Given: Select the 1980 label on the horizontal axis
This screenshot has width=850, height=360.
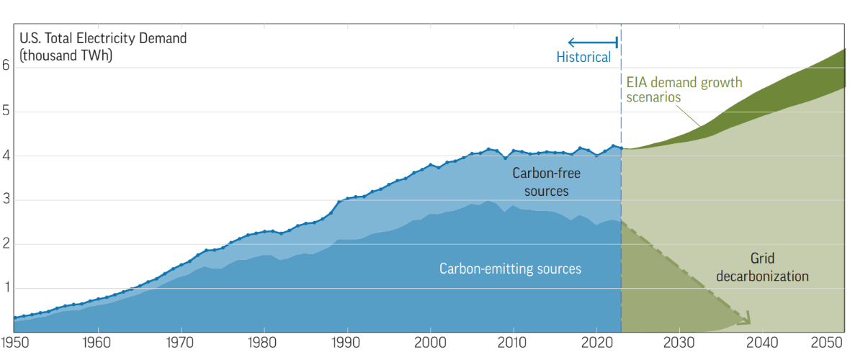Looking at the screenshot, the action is point(264,343).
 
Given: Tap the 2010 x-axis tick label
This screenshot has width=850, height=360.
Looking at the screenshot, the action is point(514,343).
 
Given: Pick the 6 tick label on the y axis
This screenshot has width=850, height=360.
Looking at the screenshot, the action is point(6,65).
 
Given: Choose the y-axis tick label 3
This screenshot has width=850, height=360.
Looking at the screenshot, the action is point(6,200).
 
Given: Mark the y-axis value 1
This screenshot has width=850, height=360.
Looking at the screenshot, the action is point(6,289).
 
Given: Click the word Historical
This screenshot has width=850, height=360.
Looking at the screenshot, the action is point(583,57).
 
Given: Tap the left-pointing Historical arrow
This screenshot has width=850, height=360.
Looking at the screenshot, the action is point(593,42).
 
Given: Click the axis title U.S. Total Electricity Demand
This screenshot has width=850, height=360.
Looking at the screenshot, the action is point(104,39).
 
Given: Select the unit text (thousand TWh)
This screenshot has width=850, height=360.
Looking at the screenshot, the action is point(66,55).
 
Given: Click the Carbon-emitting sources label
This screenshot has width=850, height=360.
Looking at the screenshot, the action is point(510,269).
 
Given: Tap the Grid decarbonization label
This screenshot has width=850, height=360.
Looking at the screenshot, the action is point(763,267).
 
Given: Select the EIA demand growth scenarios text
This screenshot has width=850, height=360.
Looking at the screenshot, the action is point(684,90).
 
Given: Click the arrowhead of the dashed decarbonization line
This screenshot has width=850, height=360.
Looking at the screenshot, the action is point(747,319).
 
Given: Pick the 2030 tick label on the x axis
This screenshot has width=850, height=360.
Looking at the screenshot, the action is point(679,343).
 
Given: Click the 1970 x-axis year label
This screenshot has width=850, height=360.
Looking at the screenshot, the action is point(181,343).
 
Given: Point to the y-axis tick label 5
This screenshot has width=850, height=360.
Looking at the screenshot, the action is point(6,112).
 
